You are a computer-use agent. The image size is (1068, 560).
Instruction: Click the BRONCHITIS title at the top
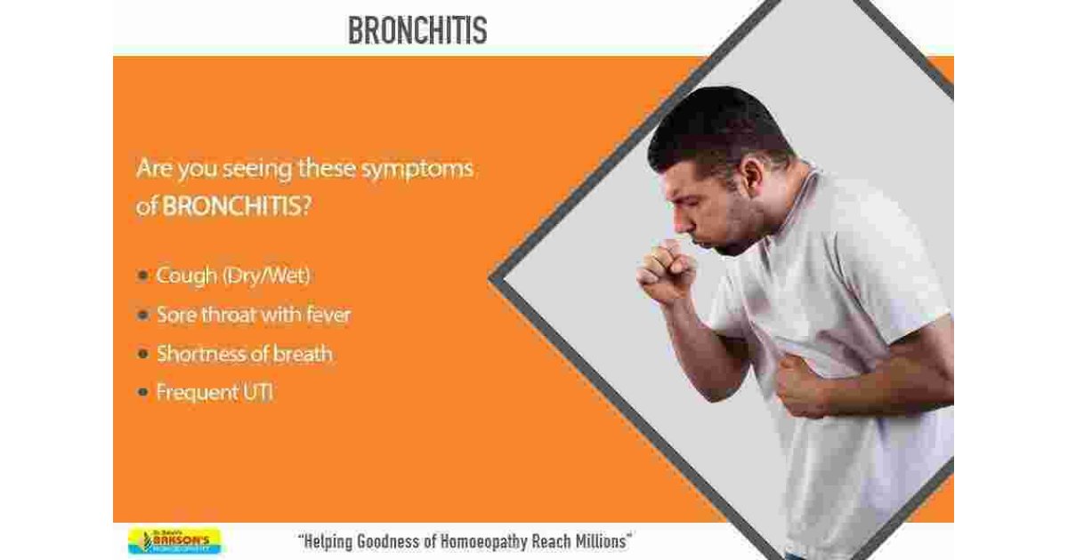417,30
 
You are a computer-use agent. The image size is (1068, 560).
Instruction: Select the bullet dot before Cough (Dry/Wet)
142,276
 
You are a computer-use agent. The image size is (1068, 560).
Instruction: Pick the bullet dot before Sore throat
142,316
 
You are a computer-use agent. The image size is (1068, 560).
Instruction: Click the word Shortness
201,354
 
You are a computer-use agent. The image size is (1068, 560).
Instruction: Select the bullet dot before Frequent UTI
142,392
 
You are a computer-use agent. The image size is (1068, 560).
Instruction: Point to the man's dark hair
721,124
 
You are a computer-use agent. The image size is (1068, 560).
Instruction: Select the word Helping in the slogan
331,540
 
